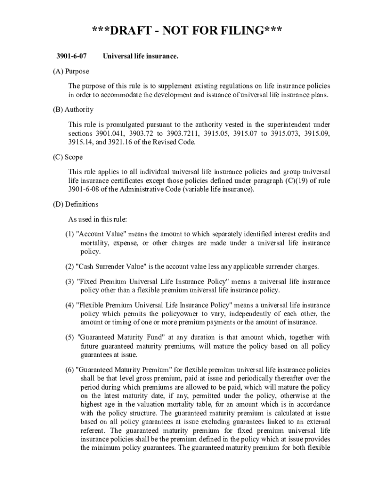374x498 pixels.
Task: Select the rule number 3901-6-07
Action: (68, 57)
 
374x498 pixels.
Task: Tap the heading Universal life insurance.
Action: (140, 57)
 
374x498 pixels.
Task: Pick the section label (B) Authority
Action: (73, 109)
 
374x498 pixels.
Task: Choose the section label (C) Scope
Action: (68, 157)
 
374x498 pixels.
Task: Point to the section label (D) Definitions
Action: (76, 204)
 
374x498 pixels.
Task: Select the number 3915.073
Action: (280, 133)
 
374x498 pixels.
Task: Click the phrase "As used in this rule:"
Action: (98, 219)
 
